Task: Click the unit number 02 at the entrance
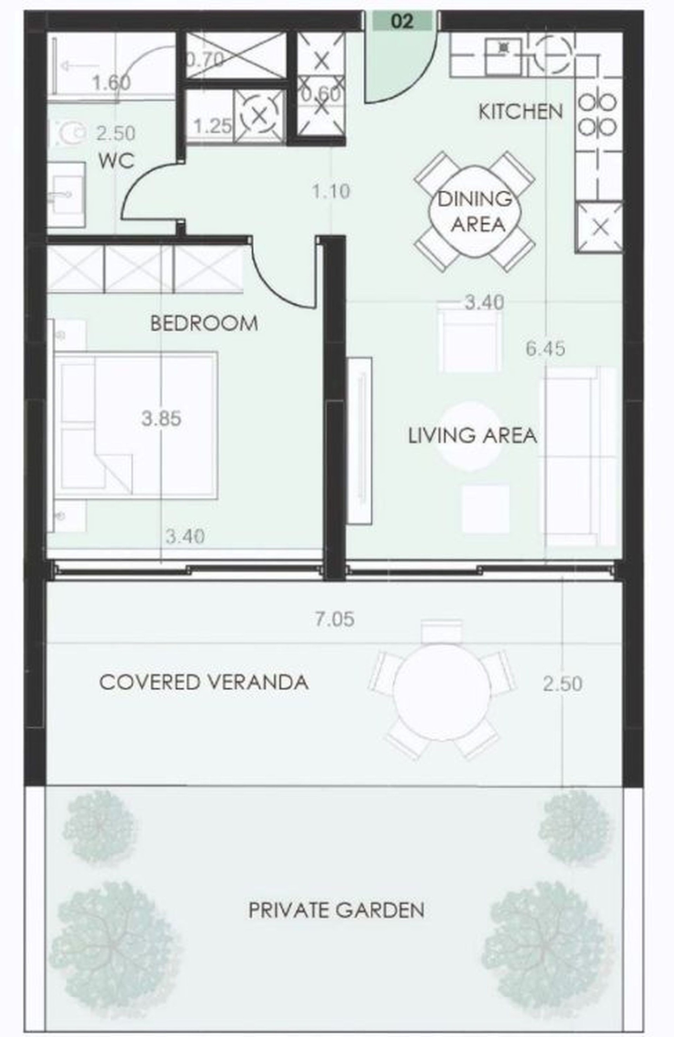click(402, 21)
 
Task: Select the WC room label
click(116, 161)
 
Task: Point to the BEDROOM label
click(204, 323)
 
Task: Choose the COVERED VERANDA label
click(204, 682)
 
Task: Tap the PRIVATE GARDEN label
click(336, 910)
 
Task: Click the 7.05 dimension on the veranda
click(335, 619)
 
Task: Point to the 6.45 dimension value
click(546, 349)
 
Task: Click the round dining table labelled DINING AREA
click(475, 212)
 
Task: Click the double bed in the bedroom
click(136, 425)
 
